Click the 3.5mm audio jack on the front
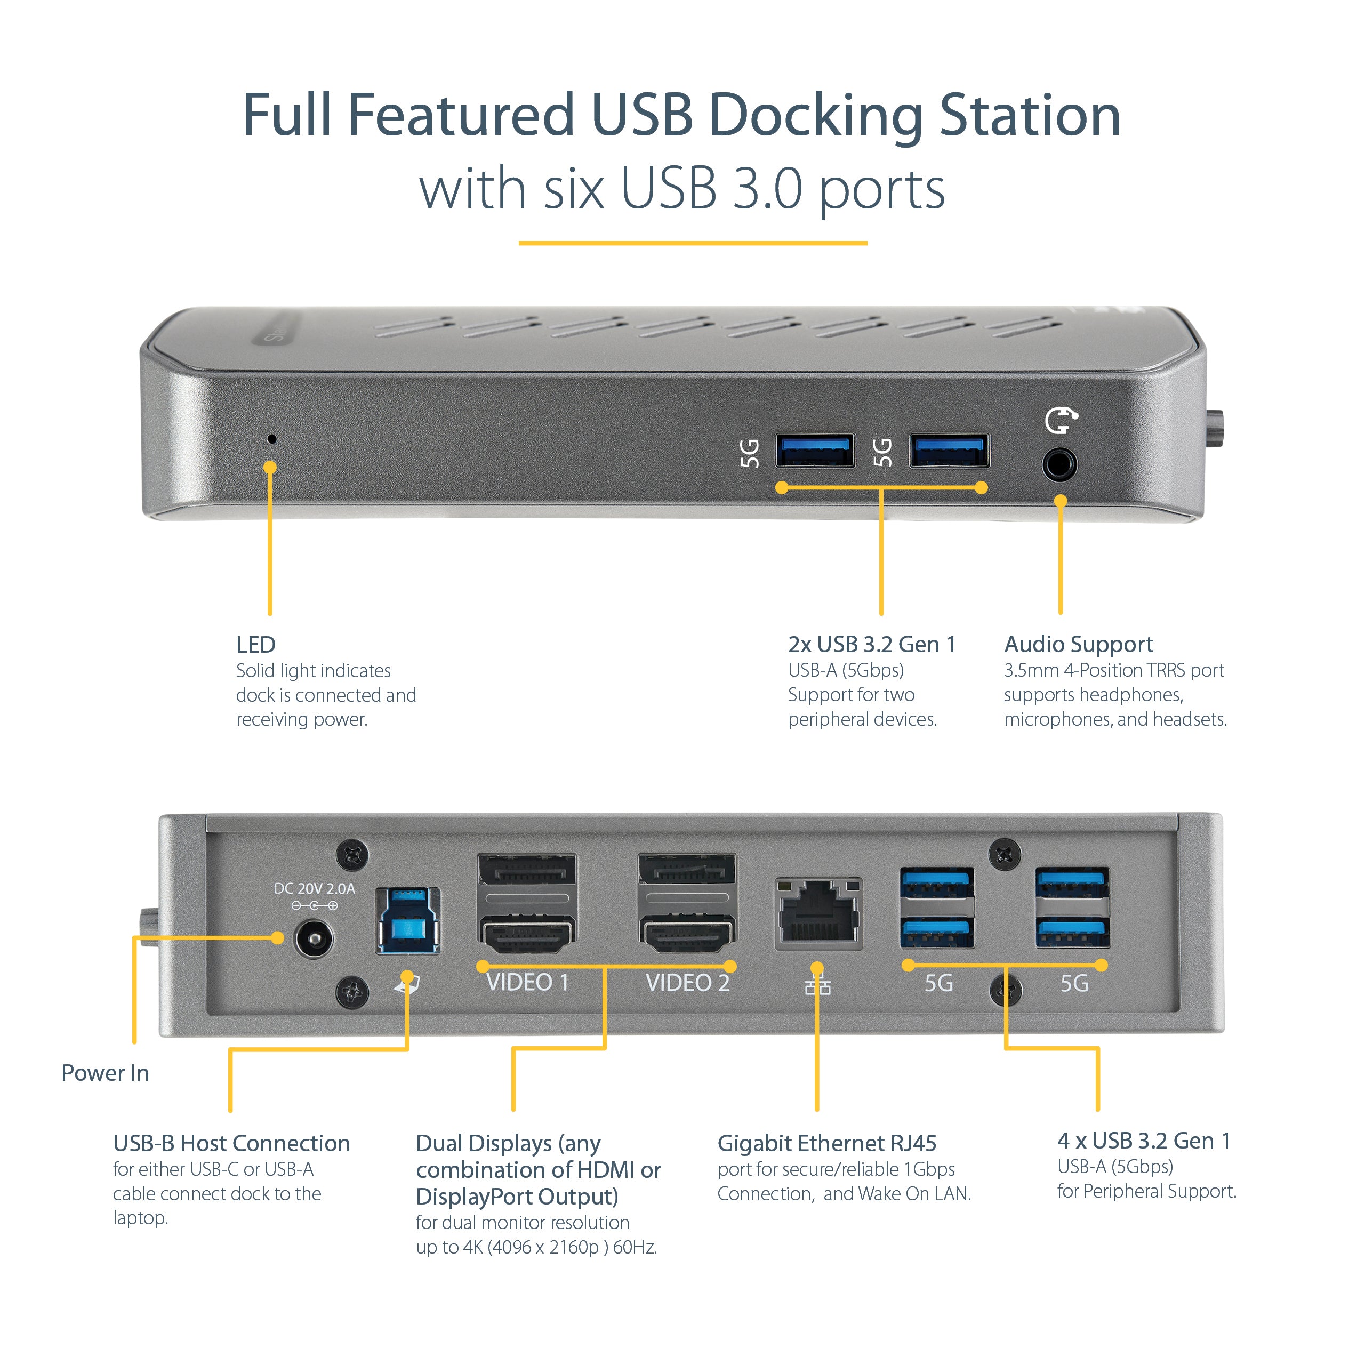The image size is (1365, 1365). [x=1059, y=465]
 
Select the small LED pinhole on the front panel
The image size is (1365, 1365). [x=271, y=439]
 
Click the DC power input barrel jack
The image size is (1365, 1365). [x=312, y=939]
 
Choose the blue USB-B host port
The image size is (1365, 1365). [x=408, y=921]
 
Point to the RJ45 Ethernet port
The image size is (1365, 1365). [x=818, y=913]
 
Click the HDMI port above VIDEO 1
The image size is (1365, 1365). [x=527, y=934]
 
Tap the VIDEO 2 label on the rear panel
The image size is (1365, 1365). [x=687, y=983]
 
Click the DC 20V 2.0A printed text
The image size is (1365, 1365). [x=315, y=889]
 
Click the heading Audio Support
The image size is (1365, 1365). [x=1078, y=644]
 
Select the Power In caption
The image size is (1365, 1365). [x=105, y=1072]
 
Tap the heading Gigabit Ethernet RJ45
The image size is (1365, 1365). [x=826, y=1143]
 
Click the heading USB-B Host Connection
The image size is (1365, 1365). [x=231, y=1143]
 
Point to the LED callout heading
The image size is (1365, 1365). [x=256, y=644]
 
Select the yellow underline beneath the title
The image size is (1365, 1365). [x=693, y=243]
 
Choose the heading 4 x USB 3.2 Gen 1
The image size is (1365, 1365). [x=1143, y=1139]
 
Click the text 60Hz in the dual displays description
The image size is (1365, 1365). [x=635, y=1247]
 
